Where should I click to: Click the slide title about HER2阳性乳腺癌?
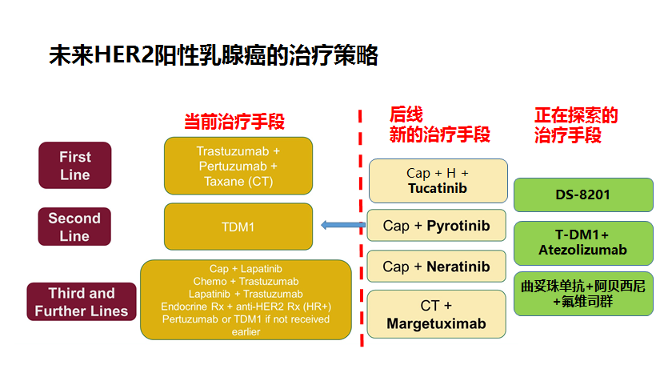213,55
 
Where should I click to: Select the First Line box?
75,166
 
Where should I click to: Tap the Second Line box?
74,227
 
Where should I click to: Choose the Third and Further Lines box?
81,302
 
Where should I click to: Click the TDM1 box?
238,227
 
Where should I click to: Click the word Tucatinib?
437,189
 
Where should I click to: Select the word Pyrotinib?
458,226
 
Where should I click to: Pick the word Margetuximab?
437,323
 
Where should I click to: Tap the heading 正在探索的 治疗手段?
576,125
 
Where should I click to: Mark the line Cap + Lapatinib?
246,269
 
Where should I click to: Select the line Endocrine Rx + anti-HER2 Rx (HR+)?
246,305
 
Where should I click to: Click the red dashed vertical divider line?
360,240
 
